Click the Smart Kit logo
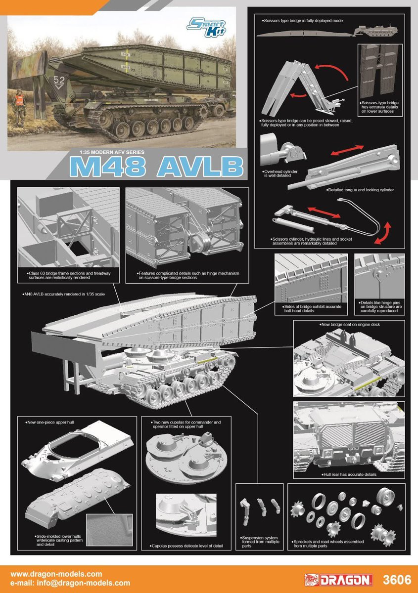pos(215,24)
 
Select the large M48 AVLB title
pos(156,168)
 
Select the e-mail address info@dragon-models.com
pos(70,583)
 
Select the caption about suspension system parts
pos(259,542)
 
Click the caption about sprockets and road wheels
pos(328,544)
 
